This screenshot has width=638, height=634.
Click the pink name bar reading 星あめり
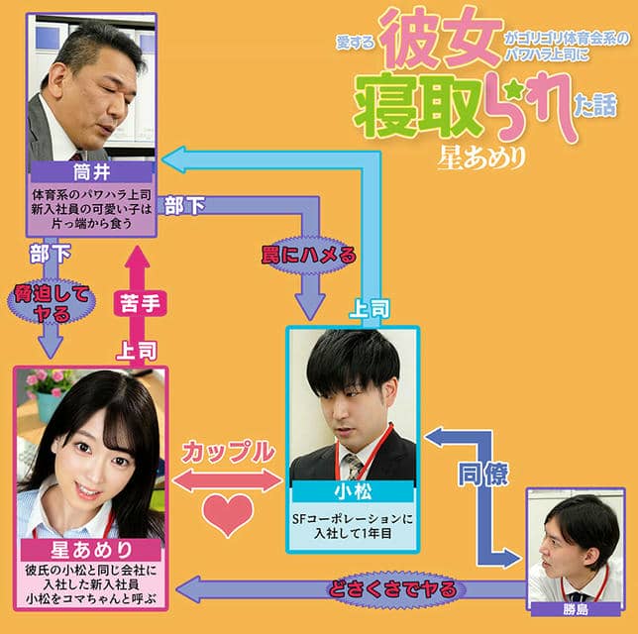91,550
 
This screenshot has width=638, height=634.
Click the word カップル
227,452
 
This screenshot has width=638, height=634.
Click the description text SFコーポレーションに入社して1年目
354,524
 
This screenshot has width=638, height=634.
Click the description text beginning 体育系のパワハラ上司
90,208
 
